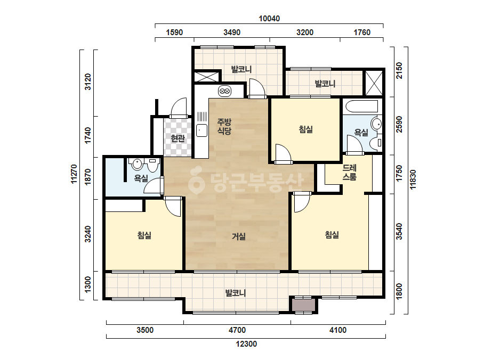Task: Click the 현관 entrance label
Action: (178, 138)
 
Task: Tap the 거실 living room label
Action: (238, 236)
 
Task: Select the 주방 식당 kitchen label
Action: (224, 126)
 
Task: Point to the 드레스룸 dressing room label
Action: (350, 173)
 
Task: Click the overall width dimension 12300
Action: (246, 344)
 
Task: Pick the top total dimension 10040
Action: (269, 19)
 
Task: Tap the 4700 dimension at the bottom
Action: (237, 330)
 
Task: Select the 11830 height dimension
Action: (413, 179)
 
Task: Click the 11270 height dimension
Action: (74, 174)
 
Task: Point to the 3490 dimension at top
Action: (232, 32)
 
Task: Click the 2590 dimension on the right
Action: (399, 125)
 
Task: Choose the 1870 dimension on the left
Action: (88, 177)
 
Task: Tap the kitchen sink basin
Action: (202, 130)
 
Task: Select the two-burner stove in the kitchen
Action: (224, 91)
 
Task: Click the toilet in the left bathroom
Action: (153, 165)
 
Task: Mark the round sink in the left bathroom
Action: (137, 163)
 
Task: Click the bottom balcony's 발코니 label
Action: (236, 293)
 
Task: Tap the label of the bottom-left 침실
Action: (144, 235)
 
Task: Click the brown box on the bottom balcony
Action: (303, 305)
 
